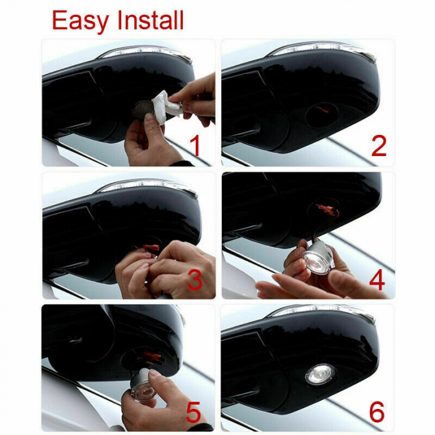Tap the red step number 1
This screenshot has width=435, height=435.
click(195, 147)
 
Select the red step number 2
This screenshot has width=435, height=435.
click(378, 147)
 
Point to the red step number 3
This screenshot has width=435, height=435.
click(195, 280)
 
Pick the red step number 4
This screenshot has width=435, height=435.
click(377, 280)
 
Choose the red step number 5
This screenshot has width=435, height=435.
click(194, 412)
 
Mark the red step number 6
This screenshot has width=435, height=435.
click(377, 412)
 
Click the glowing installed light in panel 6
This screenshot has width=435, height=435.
click(320, 373)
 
